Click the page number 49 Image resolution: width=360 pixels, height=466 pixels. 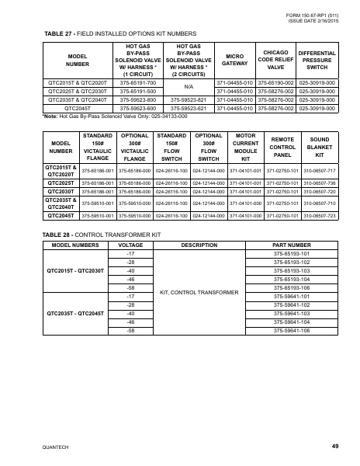(x=335, y=446)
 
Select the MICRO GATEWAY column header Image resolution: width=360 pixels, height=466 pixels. (x=235, y=60)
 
